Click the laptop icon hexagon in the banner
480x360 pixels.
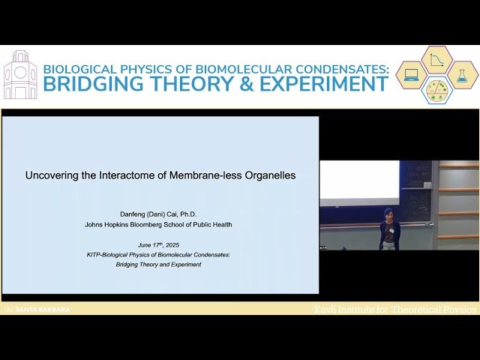[x=412, y=75]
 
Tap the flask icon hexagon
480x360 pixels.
[x=463, y=75]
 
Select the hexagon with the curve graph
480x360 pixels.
[x=437, y=60]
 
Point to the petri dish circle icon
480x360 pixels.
[x=437, y=90]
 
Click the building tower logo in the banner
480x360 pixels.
[x=20, y=75]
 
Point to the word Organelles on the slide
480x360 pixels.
[x=267, y=175]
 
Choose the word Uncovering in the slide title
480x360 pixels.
[x=53, y=175]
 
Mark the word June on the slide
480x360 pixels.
[x=145, y=245]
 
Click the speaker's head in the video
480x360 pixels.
[x=388, y=214]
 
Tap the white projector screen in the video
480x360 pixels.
[x=359, y=179]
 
